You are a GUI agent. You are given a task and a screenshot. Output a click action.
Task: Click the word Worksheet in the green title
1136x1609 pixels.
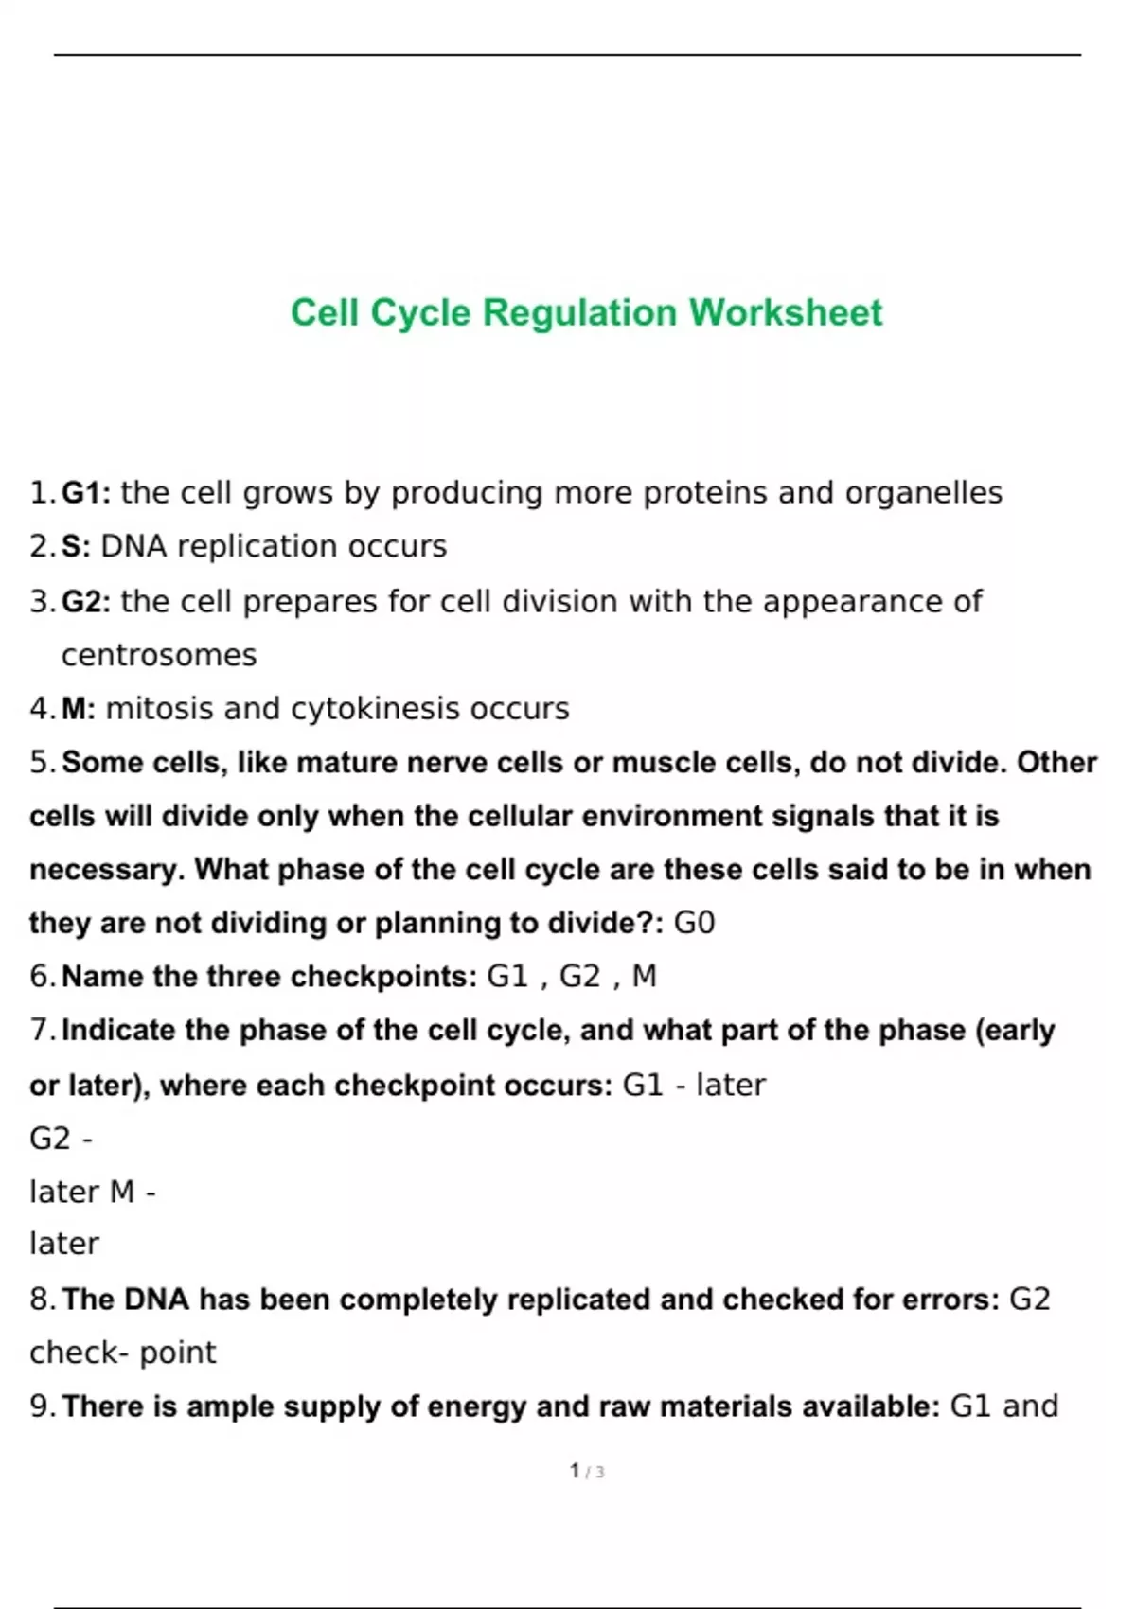786,312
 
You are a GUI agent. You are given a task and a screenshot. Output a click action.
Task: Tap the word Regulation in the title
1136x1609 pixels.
580,314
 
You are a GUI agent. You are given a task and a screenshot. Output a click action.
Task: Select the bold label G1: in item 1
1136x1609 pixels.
86,493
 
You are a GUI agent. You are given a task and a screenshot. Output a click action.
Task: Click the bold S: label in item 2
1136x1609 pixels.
76,546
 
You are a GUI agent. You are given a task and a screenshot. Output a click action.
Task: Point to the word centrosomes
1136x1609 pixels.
159,655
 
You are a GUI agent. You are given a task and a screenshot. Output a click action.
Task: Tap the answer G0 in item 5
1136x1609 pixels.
694,923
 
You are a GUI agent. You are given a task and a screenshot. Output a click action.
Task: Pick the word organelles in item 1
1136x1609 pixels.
923,493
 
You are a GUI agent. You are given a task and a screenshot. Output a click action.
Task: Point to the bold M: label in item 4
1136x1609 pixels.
79,709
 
